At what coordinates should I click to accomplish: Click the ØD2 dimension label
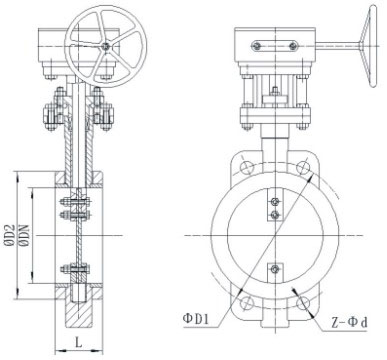[x=10, y=236]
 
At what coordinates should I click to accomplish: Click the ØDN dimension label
[x=25, y=236]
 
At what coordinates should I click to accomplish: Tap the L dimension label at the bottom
[x=78, y=342]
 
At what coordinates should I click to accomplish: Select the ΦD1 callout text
[x=196, y=319]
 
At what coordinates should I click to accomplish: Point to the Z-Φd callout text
[x=350, y=322]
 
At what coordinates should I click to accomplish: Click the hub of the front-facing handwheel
[x=106, y=47]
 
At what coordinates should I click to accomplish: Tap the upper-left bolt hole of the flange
[x=247, y=167]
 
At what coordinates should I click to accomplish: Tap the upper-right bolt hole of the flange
[x=303, y=167]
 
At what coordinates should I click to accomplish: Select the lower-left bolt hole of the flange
[x=247, y=303]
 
